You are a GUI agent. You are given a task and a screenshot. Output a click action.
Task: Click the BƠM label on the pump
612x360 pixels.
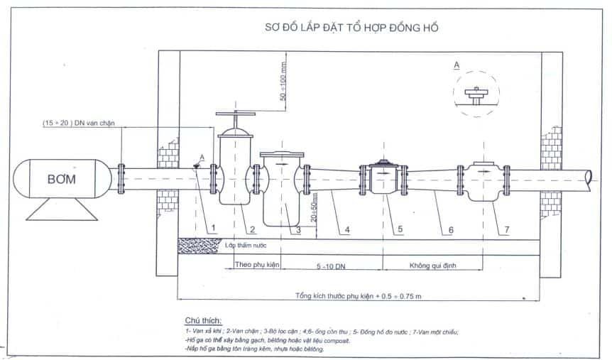tap(62, 181)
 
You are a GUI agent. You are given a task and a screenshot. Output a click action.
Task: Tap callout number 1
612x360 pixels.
tap(212, 229)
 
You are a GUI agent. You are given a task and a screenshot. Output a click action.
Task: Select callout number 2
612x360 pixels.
tap(252, 229)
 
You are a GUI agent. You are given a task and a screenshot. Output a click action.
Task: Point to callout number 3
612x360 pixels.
tap(299, 229)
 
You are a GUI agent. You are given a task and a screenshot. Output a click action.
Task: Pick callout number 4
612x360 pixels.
tap(347, 229)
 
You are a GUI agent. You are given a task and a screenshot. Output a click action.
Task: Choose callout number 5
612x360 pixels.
tap(400, 229)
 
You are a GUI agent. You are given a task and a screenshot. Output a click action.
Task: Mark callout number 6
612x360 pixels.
tap(452, 229)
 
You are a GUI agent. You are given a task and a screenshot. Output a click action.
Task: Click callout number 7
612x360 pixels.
tap(507, 229)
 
